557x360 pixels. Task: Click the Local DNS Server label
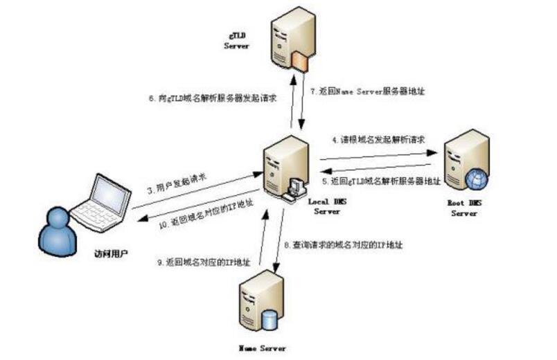(x=325, y=206)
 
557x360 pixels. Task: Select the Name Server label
(x=261, y=348)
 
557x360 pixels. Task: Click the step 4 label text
(x=378, y=140)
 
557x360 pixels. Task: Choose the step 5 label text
(x=382, y=181)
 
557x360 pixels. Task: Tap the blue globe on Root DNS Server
(x=477, y=179)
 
